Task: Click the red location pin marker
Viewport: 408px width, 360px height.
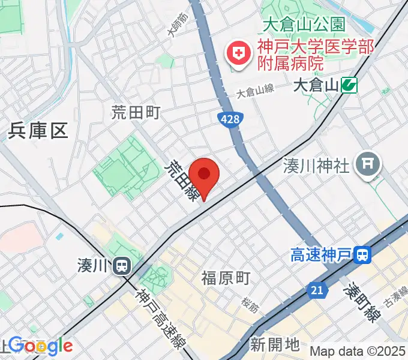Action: [x=205, y=175]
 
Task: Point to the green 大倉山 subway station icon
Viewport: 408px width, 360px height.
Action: [x=349, y=86]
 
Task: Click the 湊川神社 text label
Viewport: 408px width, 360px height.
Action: [x=316, y=166]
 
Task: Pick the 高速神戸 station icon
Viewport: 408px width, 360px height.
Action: [x=362, y=256]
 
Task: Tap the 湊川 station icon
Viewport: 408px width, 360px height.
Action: [x=122, y=265]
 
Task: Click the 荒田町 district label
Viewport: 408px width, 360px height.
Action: [x=136, y=112]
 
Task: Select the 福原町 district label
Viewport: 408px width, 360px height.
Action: [x=226, y=278]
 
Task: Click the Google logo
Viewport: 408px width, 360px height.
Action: [x=40, y=346]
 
